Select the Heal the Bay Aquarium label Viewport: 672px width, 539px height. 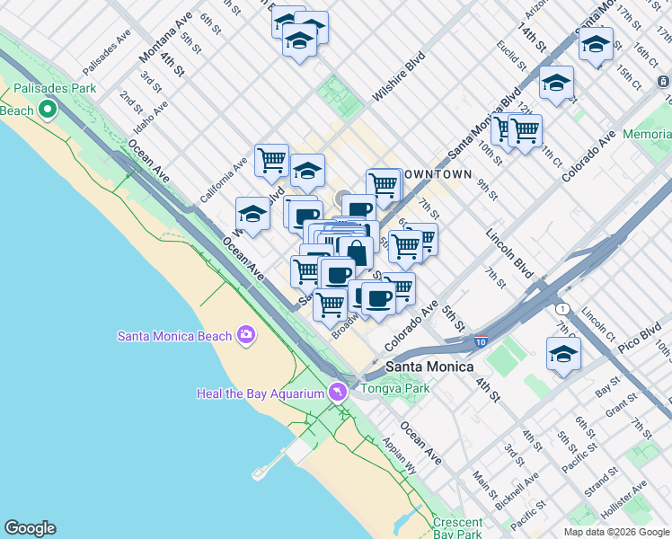click(x=261, y=393)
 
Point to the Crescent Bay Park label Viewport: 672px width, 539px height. click(x=457, y=522)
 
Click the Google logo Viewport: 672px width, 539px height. click(x=30, y=528)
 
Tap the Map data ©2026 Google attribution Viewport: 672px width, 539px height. click(x=616, y=532)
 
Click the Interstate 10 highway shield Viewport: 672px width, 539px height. click(x=481, y=341)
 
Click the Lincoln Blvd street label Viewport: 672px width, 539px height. click(x=509, y=251)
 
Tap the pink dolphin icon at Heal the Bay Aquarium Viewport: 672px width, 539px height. click(x=337, y=393)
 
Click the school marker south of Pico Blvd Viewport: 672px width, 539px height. click(x=563, y=353)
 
